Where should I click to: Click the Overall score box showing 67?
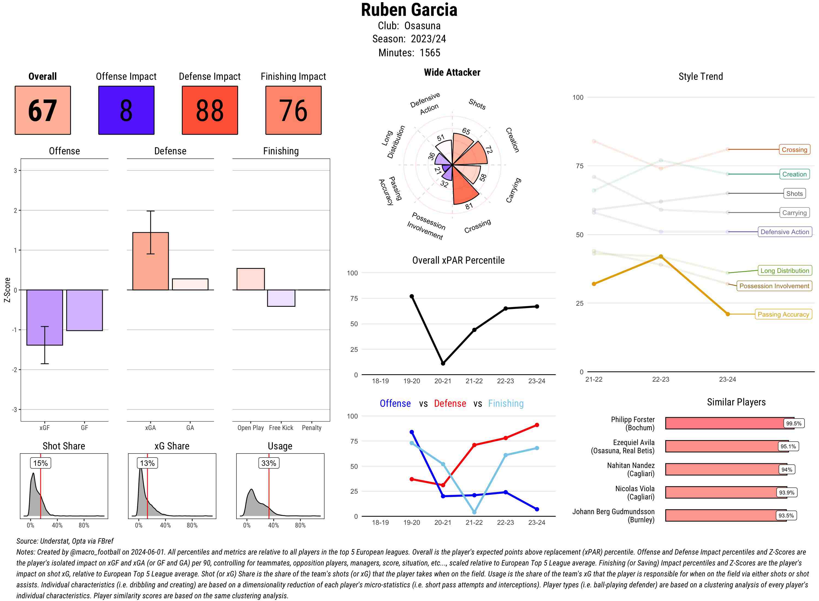(43, 110)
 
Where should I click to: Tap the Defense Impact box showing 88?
(210, 110)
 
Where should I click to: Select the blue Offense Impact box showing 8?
(126, 110)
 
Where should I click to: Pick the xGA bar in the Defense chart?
(150, 261)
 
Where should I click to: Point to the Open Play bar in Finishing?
(250, 279)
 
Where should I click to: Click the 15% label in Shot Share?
(40, 463)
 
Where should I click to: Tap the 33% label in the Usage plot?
(269, 463)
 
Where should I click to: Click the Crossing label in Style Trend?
(794, 149)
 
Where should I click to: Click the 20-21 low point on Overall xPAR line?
(443, 363)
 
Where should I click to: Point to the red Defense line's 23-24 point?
(536, 425)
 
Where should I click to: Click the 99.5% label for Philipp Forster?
(794, 423)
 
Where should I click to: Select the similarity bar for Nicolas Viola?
(726, 492)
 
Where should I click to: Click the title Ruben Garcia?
(409, 10)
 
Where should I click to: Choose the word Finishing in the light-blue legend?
(506, 403)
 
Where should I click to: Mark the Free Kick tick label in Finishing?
(281, 428)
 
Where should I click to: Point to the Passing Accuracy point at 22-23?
(660, 257)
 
